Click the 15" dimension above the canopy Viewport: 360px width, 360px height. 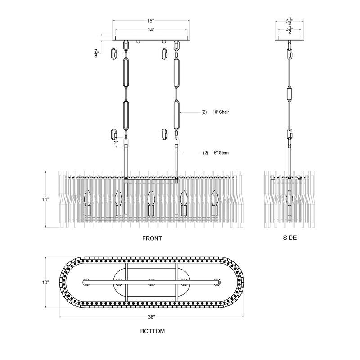click(x=150, y=21)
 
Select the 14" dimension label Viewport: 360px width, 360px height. click(x=151, y=30)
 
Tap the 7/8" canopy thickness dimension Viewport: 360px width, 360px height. click(x=96, y=53)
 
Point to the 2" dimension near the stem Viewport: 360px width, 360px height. click(x=116, y=142)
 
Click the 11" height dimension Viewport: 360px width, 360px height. click(x=45, y=199)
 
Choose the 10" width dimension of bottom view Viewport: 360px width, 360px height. click(x=45, y=282)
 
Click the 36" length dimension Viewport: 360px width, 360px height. click(x=152, y=317)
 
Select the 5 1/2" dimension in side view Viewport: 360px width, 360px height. click(x=289, y=21)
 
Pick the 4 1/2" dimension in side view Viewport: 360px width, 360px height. click(x=289, y=30)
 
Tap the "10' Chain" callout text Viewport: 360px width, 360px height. click(x=221, y=112)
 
